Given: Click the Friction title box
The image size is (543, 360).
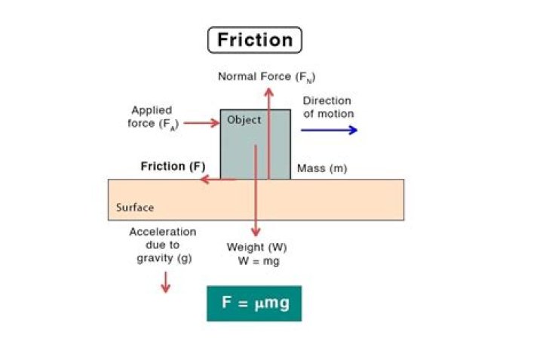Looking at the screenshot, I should pyautogui.click(x=254, y=39).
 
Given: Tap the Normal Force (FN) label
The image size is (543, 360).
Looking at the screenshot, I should pyautogui.click(x=266, y=76).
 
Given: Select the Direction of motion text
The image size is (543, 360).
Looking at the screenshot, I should pyautogui.click(x=327, y=107).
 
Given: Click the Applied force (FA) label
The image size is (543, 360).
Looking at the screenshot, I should pyautogui.click(x=153, y=116).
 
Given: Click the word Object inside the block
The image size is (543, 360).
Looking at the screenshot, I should pyautogui.click(x=244, y=120).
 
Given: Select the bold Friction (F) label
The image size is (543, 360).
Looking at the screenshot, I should pyautogui.click(x=173, y=166).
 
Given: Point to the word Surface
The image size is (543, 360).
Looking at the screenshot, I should pyautogui.click(x=135, y=208).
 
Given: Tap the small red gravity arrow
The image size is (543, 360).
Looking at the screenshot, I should pyautogui.click(x=165, y=283).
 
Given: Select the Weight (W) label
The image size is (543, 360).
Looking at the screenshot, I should pyautogui.click(x=256, y=248).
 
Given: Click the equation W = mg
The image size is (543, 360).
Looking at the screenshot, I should pyautogui.click(x=256, y=261).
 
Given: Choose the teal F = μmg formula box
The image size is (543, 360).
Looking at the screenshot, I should pyautogui.click(x=254, y=303).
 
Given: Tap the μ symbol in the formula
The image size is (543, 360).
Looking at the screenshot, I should pyautogui.click(x=257, y=303).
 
